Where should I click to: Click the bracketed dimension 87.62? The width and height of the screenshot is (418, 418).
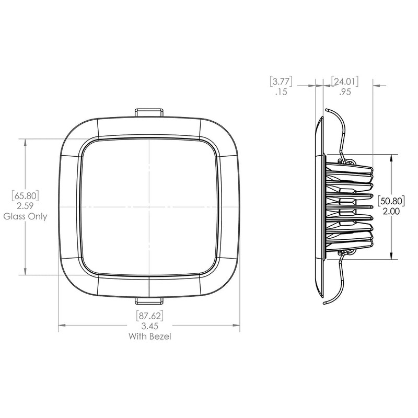point(149,316)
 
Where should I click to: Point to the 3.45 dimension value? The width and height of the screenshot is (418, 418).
point(149,326)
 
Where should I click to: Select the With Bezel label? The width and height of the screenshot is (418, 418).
point(149,336)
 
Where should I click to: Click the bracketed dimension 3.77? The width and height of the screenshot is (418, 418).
point(281,82)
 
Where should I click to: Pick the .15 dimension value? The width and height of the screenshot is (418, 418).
point(281,92)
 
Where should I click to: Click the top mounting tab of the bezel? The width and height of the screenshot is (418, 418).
point(149,113)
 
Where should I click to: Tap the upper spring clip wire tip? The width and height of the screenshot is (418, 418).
point(326,111)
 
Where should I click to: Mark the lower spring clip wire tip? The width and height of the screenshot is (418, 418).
point(325,303)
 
